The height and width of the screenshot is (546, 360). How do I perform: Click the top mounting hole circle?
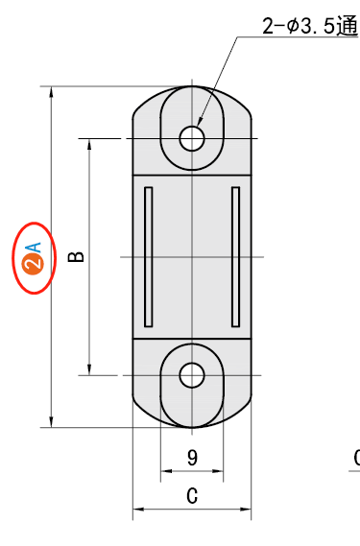click(192, 138)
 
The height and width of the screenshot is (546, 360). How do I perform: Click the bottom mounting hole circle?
click(192, 375)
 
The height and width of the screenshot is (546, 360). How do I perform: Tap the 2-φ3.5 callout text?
click(298, 27)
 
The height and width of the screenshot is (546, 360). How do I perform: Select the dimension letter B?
click(78, 256)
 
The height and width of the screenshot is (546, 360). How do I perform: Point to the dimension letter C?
click(192, 496)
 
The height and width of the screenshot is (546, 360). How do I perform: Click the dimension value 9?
click(192, 458)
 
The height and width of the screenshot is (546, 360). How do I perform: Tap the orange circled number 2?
click(31, 264)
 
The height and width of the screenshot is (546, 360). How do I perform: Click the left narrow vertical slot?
click(148, 255)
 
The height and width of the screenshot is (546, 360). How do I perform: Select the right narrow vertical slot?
click(236, 255)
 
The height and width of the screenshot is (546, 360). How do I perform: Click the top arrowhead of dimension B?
click(89, 143)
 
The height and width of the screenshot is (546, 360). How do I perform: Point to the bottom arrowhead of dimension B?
click(89, 370)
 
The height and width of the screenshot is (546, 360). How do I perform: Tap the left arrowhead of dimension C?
click(137, 509)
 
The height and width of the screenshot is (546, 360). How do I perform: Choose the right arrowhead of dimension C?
click(247, 509)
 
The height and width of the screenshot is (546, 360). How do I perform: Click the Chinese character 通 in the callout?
click(348, 27)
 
